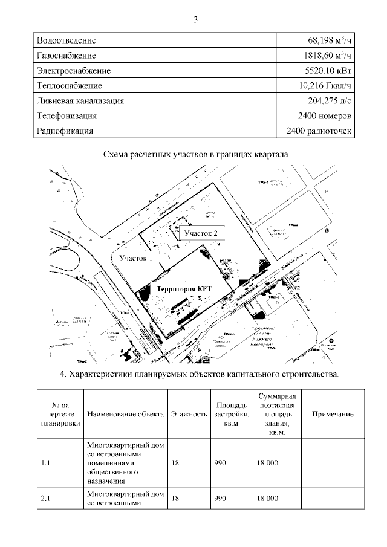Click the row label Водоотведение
tap(67, 40)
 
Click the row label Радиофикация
tap(65, 131)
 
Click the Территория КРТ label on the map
tap(184, 289)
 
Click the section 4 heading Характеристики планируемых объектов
tap(200, 374)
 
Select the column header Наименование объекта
tap(126, 414)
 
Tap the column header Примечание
tap(333, 414)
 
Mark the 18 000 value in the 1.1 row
tap(267, 463)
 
